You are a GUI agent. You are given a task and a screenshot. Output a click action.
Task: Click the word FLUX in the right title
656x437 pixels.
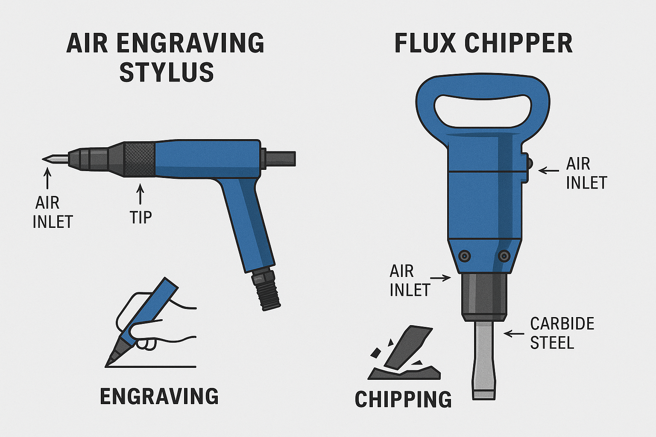tap(425, 44)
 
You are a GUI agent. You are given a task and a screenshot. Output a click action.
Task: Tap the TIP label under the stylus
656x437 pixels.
tap(141, 217)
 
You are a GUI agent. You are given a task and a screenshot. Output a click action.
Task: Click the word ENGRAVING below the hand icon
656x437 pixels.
tap(159, 396)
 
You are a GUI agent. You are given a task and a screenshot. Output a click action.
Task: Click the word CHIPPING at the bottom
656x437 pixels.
tap(403, 399)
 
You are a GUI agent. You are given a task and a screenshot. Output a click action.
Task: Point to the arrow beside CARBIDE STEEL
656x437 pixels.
tap(514, 333)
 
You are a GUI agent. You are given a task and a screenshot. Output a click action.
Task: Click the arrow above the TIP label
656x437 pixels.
tap(141, 193)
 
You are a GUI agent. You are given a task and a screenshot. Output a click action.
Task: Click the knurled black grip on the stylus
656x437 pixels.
tap(140, 159)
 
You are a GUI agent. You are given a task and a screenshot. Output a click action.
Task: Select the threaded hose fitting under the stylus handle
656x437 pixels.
tap(266, 290)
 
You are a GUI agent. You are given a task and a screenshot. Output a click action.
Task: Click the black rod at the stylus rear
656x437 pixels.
tap(280, 159)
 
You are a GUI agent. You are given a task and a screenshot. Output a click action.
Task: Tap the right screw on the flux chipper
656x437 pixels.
tap(504, 256)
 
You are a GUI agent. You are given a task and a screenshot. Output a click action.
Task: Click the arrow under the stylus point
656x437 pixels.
tap(47, 178)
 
